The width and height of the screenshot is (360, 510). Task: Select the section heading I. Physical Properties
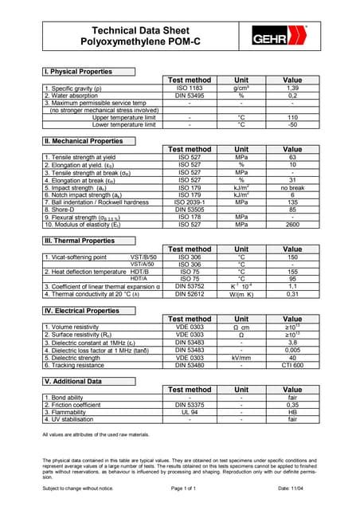coord(78,72)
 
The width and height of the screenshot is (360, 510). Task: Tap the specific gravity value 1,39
coord(292,88)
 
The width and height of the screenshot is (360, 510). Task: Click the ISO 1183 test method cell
coord(190,88)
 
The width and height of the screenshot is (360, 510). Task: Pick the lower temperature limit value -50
coord(292,124)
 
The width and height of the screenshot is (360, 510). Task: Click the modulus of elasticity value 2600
coord(292,225)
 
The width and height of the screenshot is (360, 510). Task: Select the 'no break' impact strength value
coord(292,188)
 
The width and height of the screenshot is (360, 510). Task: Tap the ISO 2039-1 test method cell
coord(190,202)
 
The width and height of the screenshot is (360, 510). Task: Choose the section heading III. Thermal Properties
coord(80,241)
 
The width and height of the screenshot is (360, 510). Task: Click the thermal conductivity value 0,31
coord(292,294)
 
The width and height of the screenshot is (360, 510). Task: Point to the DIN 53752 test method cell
coord(190,287)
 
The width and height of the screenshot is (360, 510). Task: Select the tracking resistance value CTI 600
coord(292,365)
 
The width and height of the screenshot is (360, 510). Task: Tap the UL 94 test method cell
coord(190,412)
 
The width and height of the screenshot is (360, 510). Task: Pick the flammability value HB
coord(292,412)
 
